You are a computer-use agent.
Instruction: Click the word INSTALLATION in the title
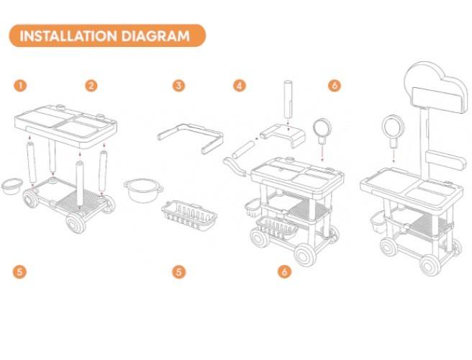[x=68, y=36]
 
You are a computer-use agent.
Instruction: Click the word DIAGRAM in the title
[x=155, y=36]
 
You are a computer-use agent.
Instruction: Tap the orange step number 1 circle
[x=20, y=86]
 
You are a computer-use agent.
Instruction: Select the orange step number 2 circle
[x=91, y=86]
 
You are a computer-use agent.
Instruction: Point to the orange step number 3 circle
[x=179, y=86]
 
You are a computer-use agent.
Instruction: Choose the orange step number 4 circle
[x=240, y=86]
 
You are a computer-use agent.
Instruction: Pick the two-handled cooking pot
[x=144, y=190]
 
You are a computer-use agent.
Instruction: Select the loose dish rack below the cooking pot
[x=189, y=215]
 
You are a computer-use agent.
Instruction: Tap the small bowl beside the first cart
[x=12, y=186]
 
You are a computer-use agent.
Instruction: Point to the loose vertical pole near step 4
[x=288, y=99]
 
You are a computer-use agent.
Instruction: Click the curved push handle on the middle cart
[x=234, y=166]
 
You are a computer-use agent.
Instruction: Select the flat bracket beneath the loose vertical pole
[x=283, y=135]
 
